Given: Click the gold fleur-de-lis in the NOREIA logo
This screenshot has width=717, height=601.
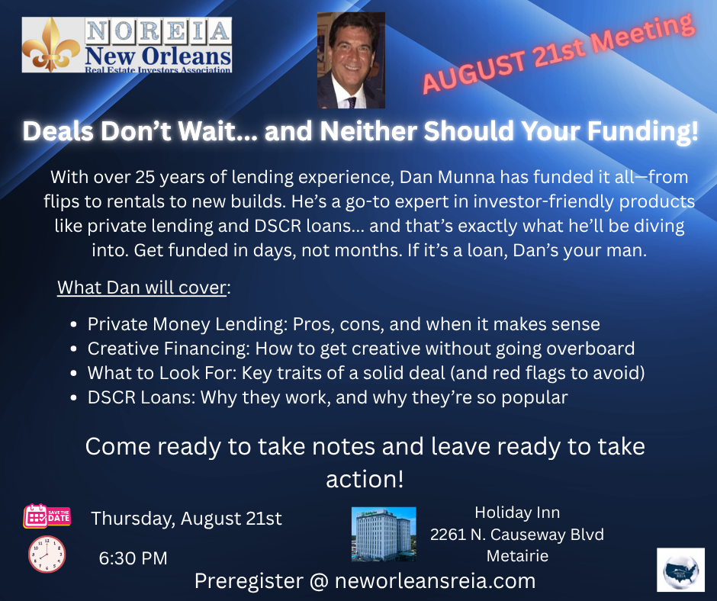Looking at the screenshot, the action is [51, 45].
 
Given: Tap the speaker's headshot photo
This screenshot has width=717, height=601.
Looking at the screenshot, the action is [351, 60].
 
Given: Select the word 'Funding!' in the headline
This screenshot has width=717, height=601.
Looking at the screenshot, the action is [643, 131].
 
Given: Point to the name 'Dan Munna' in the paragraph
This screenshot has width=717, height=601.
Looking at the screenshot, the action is [447, 177].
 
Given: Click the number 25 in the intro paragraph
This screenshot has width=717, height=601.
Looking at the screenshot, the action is [144, 177].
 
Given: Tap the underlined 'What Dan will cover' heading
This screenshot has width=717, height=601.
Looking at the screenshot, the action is [142, 288].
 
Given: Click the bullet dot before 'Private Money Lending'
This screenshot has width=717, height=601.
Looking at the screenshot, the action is [74, 325].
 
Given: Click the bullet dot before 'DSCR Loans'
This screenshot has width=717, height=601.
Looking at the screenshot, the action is [74, 398].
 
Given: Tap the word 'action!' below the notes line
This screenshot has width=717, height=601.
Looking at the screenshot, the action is [365, 479].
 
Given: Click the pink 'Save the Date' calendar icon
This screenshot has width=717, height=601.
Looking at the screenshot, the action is [47, 516].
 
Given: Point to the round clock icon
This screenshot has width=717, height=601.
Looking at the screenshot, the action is [47, 554].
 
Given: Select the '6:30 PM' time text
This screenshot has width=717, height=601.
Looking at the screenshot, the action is [133, 558].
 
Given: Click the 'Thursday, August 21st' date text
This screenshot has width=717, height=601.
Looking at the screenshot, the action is [187, 519].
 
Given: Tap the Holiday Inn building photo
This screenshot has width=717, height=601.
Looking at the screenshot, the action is [384, 534].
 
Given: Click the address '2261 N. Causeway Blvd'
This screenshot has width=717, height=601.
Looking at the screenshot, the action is [517, 534].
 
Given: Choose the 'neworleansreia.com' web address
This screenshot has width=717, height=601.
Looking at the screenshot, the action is [435, 581].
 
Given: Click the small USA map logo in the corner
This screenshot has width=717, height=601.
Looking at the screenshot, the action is [681, 570].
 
